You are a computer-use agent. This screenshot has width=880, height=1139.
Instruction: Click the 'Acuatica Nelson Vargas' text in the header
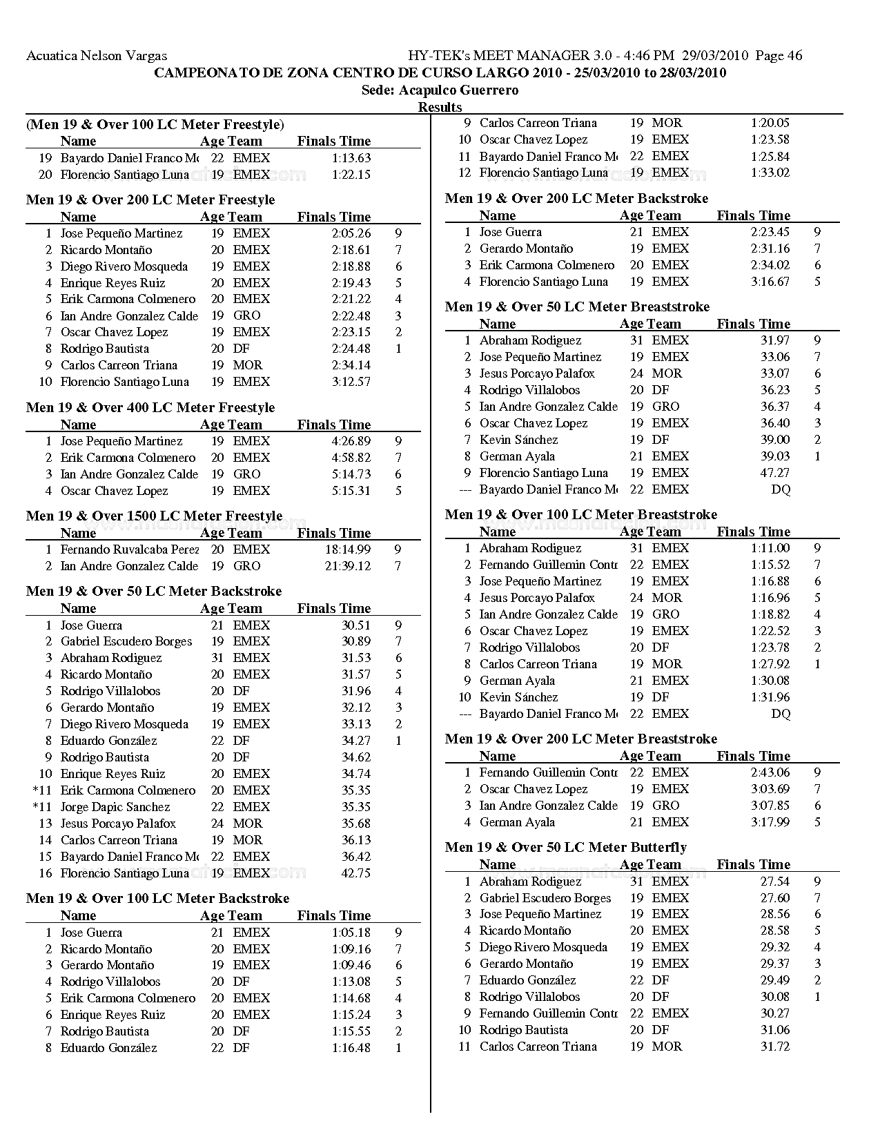pos(97,56)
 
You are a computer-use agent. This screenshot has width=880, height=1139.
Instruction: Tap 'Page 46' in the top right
pos(779,56)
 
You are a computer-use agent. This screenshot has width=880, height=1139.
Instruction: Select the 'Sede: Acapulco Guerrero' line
pos(440,90)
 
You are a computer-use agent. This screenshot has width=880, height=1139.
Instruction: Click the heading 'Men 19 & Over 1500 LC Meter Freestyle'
pos(154,516)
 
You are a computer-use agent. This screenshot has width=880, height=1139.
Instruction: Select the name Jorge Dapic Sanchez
pos(115,807)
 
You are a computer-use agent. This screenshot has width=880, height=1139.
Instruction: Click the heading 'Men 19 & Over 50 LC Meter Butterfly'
pos(566,847)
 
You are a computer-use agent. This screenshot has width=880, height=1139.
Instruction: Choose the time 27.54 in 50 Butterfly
pos(775,882)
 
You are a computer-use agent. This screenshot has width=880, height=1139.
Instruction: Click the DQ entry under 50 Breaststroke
pos(781,489)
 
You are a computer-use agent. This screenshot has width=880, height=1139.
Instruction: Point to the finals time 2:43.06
pos(770,772)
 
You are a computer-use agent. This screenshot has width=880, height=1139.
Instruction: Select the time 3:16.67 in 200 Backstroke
pos(770,282)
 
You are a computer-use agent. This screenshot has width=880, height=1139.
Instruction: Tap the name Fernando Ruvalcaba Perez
pos(130,549)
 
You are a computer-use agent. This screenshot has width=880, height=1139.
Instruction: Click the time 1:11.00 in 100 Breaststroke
pos(770,548)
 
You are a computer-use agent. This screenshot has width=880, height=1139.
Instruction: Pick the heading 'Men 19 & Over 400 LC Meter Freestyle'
pos(150,407)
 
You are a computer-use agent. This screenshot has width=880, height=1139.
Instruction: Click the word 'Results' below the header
pos(440,107)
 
